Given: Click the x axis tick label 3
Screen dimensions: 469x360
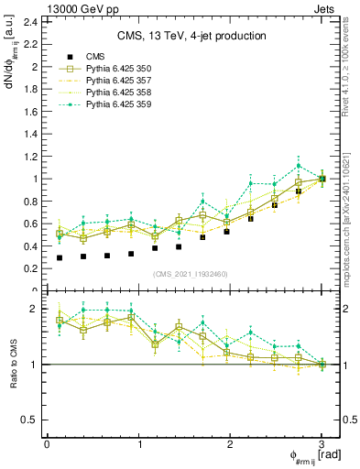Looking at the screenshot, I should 322,444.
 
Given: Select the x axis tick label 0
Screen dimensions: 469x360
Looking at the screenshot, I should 47,444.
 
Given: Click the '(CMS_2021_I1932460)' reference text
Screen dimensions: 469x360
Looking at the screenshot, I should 191,274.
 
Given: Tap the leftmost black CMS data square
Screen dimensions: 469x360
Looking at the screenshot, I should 60,257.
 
